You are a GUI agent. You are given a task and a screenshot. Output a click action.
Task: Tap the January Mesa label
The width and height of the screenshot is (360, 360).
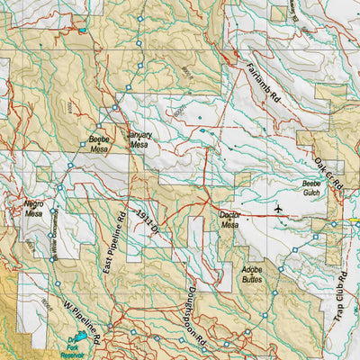coord(139,139)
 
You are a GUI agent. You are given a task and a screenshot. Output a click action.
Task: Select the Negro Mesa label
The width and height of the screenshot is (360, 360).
coord(34,209)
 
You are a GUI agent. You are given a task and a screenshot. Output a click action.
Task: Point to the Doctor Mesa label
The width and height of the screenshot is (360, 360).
coord(230,220)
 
